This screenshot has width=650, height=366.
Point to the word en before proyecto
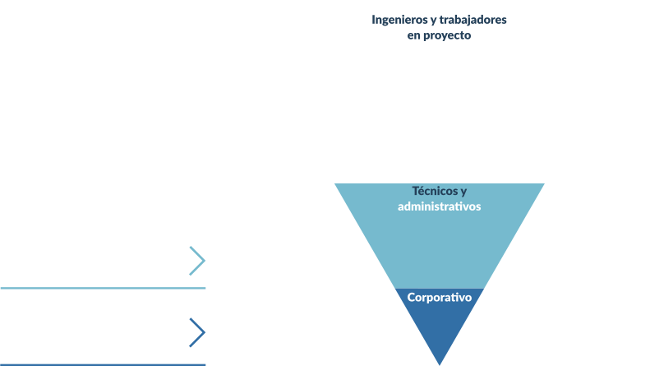tap(413, 36)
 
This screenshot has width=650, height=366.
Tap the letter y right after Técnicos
tap(463, 192)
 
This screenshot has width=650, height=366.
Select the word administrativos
tap(439, 206)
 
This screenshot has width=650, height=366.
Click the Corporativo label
tap(440, 298)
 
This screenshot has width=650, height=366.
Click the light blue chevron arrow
tap(197, 261)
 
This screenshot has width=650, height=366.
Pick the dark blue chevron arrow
tap(197, 332)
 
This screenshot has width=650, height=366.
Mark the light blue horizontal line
tap(103, 288)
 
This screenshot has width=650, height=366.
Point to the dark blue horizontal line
tap(103, 364)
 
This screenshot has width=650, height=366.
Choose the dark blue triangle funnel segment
tap(440, 325)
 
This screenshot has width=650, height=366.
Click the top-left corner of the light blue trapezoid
tap(335, 184)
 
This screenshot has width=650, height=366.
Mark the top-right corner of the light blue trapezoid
tap(543, 184)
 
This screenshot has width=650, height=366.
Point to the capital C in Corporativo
tap(412, 298)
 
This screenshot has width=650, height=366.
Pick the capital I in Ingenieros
tap(374, 20)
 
